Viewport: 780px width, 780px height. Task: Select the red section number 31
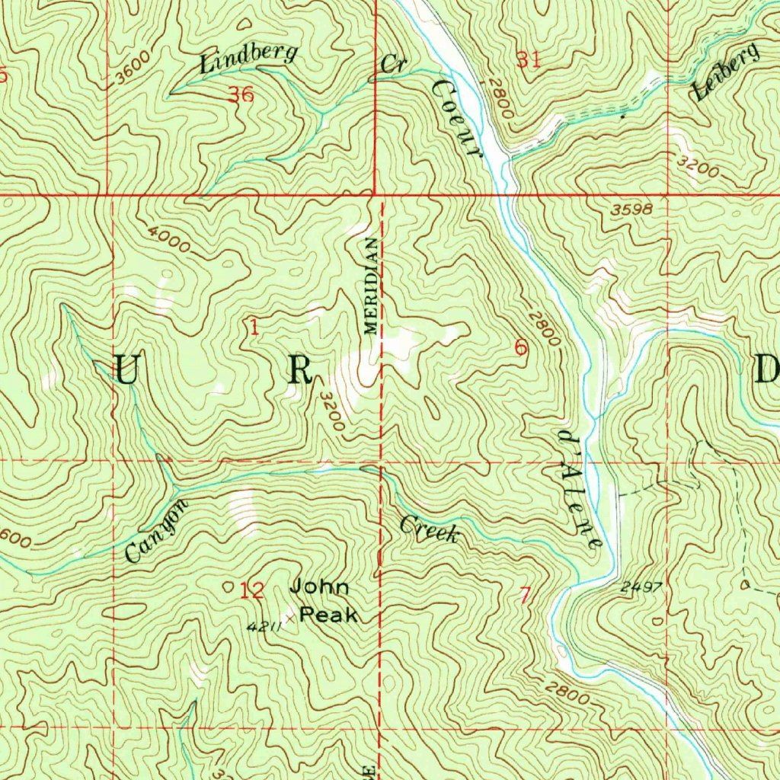point(528,59)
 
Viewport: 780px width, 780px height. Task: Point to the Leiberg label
point(725,72)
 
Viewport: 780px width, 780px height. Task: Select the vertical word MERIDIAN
point(370,286)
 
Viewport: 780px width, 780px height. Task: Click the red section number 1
point(253,328)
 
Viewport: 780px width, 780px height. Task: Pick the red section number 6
point(520,348)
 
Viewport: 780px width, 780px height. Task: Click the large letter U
point(126,371)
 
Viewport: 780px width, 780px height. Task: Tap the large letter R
point(299,371)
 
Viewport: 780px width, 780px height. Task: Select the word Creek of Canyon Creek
point(429,529)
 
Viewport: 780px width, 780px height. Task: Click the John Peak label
point(324,600)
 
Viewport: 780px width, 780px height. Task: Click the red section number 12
point(251,590)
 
